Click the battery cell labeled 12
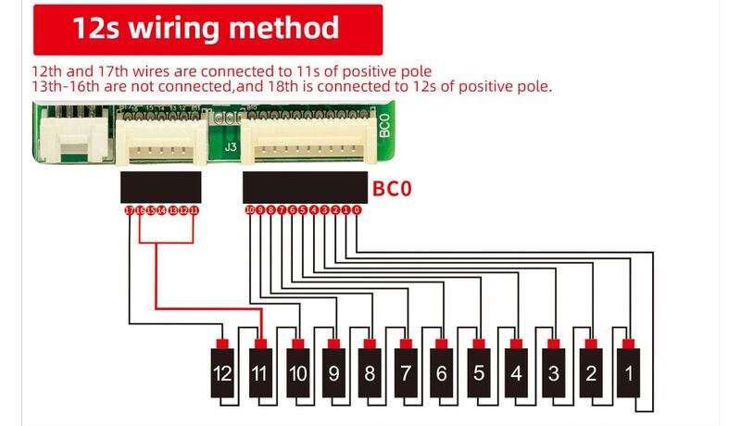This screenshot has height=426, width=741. (x=221, y=375)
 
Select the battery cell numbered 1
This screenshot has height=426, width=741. (x=627, y=375)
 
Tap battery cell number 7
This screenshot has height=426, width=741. (x=405, y=375)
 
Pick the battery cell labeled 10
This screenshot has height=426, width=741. (x=296, y=375)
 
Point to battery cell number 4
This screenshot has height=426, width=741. (x=516, y=375)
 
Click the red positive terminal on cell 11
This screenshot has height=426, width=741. (x=260, y=345)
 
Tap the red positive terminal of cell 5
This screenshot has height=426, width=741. (x=479, y=345)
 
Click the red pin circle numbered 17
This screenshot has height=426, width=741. (x=130, y=210)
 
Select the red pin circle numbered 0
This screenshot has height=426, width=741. (x=357, y=210)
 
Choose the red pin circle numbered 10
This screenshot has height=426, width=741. (x=250, y=210)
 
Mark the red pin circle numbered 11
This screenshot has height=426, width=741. (x=195, y=210)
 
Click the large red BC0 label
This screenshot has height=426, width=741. (x=392, y=190)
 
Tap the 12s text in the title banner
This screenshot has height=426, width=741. (x=96, y=28)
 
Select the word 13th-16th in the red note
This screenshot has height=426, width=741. (x=67, y=87)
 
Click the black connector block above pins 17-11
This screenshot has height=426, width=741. (x=161, y=187)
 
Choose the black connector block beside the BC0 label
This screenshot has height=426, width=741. (x=306, y=187)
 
